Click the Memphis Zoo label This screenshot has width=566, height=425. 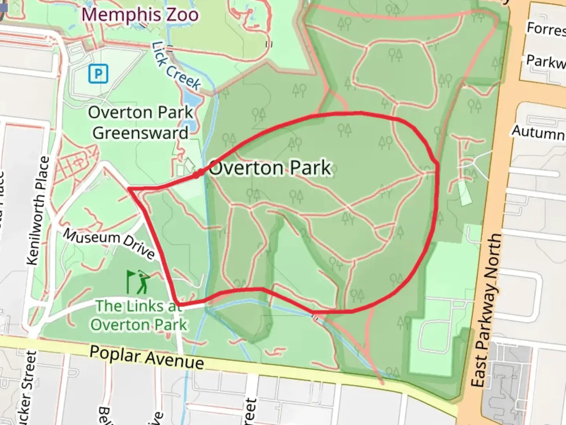pyautogui.click(x=140, y=15)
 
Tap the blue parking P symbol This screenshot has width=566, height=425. pyautogui.click(x=98, y=74)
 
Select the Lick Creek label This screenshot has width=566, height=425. pyautogui.click(x=176, y=66)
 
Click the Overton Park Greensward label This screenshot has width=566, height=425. pyautogui.click(x=140, y=122)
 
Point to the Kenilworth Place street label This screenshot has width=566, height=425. pyautogui.click(x=39, y=211)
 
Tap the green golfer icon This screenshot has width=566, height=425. pyautogui.click(x=138, y=282)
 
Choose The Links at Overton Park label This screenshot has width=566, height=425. pyautogui.click(x=139, y=315)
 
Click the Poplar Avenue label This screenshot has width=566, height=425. pyautogui.click(x=147, y=357)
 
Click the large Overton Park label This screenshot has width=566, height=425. pyautogui.click(x=270, y=168)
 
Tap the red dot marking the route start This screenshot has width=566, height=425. pyautogui.click(x=200, y=173)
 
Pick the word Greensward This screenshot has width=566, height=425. pyautogui.click(x=140, y=133)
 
